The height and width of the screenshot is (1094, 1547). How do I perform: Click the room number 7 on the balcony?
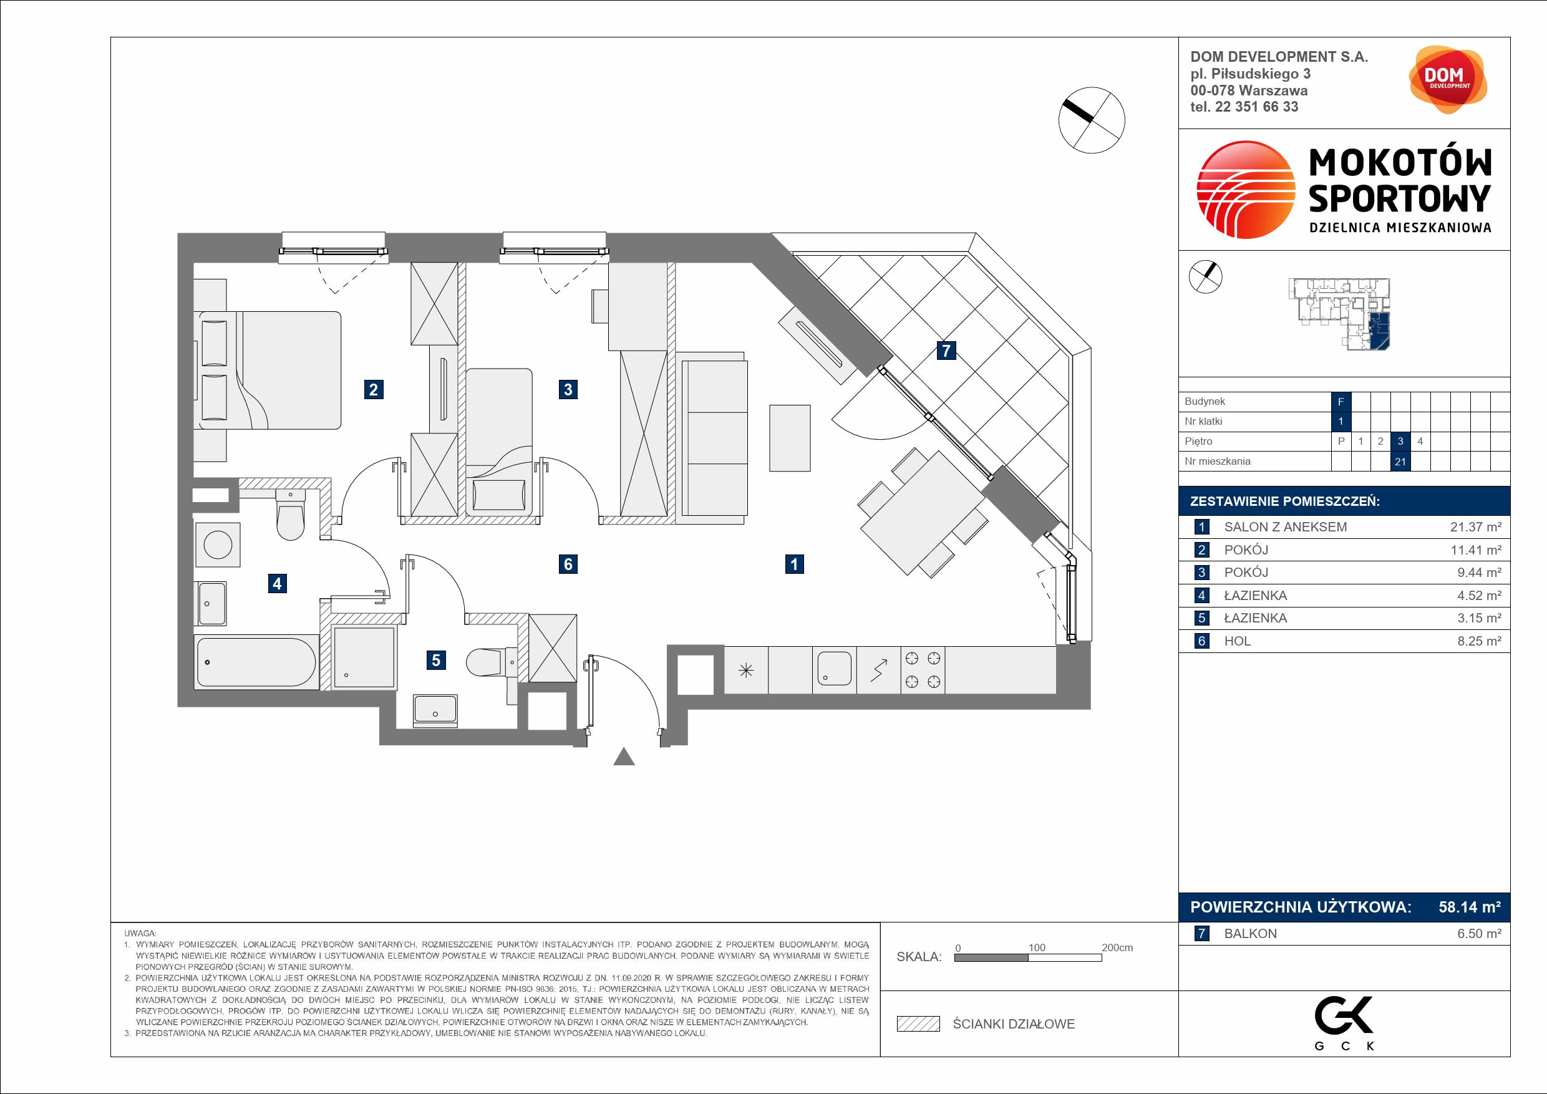tap(947, 351)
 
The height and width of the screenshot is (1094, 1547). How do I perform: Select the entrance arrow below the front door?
tap(624, 757)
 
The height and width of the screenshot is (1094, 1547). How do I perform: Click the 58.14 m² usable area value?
tap(1470, 907)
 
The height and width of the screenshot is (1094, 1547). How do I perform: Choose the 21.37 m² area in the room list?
tap(1476, 527)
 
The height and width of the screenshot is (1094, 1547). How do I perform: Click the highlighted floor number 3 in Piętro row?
tap(1401, 441)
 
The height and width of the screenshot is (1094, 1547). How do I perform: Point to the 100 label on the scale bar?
tap(1036, 947)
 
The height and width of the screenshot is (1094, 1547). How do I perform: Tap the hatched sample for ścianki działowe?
tap(918, 1024)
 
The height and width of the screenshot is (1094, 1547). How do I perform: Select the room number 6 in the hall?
tap(568, 564)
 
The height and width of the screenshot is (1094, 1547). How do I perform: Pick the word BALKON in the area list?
tap(1250, 934)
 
